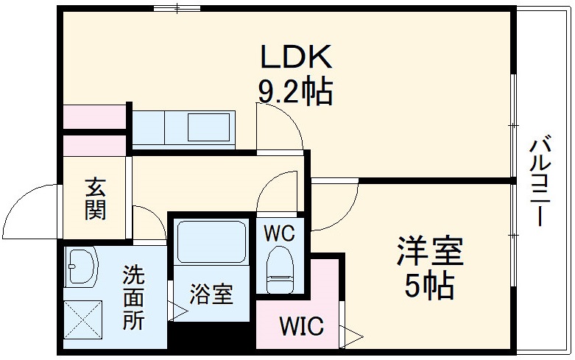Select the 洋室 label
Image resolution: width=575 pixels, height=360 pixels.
point(430,253)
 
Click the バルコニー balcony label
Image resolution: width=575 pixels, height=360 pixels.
point(543,180)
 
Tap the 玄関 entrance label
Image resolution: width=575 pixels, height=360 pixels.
point(95,199)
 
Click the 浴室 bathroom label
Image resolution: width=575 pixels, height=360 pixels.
point(211,294)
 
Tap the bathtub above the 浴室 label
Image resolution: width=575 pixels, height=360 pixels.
point(212,244)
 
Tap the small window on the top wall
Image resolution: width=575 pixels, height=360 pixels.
point(177,8)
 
